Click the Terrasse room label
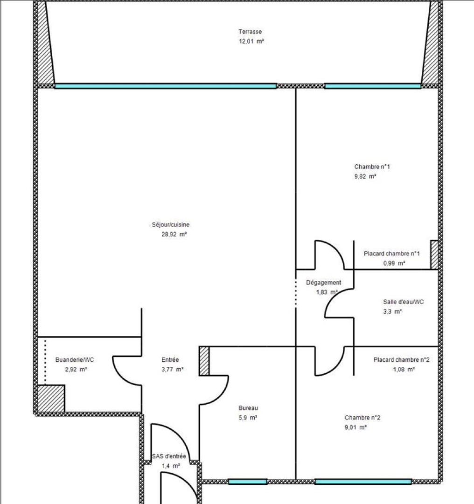tap(250, 32)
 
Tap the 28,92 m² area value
tap(174, 235)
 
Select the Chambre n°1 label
tap(371, 167)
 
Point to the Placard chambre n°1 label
tap(392, 254)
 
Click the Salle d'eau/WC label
tap(404, 301)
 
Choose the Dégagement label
tap(323, 282)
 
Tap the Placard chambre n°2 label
tap(401, 360)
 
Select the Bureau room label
tap(248, 407)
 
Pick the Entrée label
tap(170, 360)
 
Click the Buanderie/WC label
tap(75, 360)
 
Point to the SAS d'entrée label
tap(169, 456)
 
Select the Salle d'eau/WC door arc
tap(334, 303)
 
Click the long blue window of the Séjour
tap(166, 86)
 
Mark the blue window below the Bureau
tap(247, 482)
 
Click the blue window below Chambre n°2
tap(363, 482)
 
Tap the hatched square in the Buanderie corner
tap(50, 399)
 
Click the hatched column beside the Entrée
tap(204, 361)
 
